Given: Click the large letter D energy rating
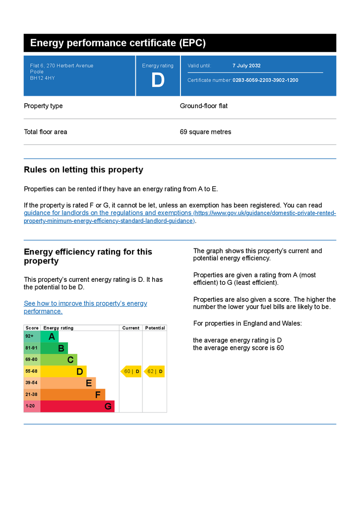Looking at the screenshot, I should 158,80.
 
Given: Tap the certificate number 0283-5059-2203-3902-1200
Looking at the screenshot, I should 265,80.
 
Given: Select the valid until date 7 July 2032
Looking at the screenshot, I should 246,65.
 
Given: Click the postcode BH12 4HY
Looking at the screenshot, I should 43,78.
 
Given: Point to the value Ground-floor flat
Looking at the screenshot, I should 204,106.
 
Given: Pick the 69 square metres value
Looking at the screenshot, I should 205,132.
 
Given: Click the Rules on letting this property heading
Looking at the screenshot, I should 83,170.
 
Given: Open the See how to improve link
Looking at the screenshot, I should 85,304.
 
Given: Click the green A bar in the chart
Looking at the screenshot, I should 50,337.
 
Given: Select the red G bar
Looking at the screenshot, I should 77,406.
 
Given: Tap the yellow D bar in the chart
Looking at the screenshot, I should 63,372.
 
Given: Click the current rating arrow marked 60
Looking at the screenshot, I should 131,372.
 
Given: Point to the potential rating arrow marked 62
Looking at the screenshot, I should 154,372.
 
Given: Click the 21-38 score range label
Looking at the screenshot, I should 31,395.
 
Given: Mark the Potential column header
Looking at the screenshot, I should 155,328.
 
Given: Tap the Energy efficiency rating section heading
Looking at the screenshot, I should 88,256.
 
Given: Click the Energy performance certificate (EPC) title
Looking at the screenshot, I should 118,43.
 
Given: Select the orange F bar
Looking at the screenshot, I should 72,395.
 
